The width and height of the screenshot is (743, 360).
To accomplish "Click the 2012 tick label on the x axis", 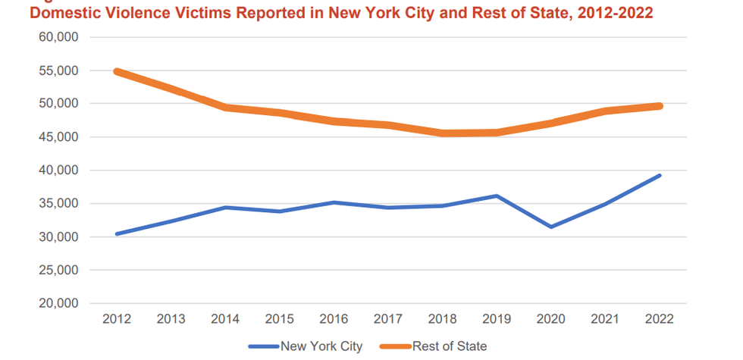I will (x=117, y=319).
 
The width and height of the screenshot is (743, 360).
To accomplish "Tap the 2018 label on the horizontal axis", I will (x=443, y=319).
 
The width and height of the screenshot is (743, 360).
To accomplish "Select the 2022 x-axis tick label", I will (x=660, y=319).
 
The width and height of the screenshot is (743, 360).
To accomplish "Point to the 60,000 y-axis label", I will (x=58, y=37).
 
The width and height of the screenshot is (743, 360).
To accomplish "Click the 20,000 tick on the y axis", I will (x=58, y=303).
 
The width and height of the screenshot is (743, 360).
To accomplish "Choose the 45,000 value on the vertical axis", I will (x=58, y=137).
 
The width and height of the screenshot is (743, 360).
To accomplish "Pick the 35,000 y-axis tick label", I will (x=58, y=204).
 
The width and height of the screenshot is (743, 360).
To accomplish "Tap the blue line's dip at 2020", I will (x=551, y=227).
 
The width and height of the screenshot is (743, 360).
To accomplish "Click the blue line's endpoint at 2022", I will (x=660, y=175).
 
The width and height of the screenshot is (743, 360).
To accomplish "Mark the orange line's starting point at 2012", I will (x=117, y=71).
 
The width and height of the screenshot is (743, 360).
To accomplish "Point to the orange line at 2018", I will (x=443, y=133).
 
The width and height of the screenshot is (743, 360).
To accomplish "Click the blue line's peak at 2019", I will (x=497, y=196).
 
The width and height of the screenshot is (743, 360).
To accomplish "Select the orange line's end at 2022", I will (x=660, y=106).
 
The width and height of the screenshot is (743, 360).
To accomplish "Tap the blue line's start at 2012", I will (x=117, y=234).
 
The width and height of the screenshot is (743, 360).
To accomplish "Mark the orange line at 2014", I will (x=225, y=108).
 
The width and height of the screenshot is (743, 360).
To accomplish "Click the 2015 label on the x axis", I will (x=280, y=319).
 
